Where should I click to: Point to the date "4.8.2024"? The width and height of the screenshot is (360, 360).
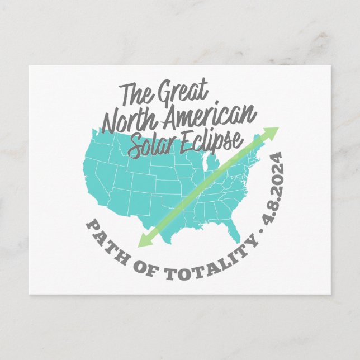click(274, 192)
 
